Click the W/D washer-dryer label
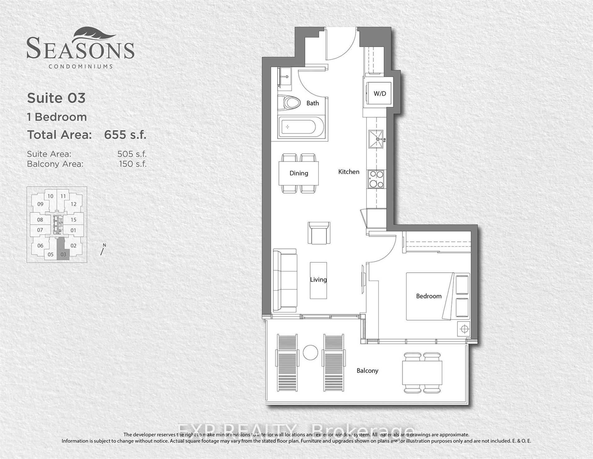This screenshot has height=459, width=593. pyautogui.click(x=380, y=93)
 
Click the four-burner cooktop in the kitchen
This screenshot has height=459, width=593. pyautogui.click(x=376, y=179)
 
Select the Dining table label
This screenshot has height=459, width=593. pyautogui.click(x=299, y=173)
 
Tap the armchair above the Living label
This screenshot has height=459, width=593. pyautogui.click(x=319, y=233)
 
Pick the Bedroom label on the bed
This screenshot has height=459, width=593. pyautogui.click(x=429, y=296)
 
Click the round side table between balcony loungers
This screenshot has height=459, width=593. pyautogui.click(x=310, y=352)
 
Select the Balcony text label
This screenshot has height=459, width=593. pyautogui.click(x=367, y=371)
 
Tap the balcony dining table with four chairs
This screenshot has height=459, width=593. pyautogui.click(x=422, y=373)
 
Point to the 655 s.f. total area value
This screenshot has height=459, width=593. pyautogui.click(x=125, y=135)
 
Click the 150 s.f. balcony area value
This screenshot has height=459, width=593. pyautogui.click(x=132, y=164)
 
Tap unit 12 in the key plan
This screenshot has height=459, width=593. pyautogui.click(x=73, y=204)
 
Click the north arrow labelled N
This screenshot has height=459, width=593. pyautogui.click(x=103, y=250)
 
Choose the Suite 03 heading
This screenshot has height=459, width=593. pyautogui.click(x=56, y=98)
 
